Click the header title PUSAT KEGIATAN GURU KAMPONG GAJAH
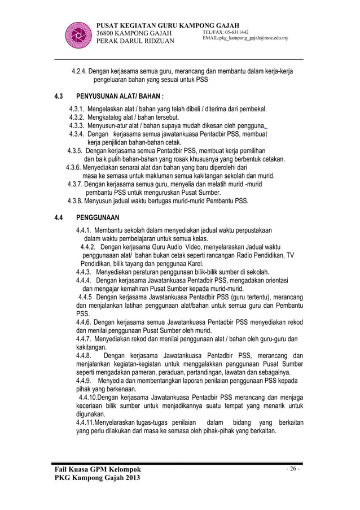tap(169, 25)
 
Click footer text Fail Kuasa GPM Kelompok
tap(97, 470)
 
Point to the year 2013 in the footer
tap(130, 480)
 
